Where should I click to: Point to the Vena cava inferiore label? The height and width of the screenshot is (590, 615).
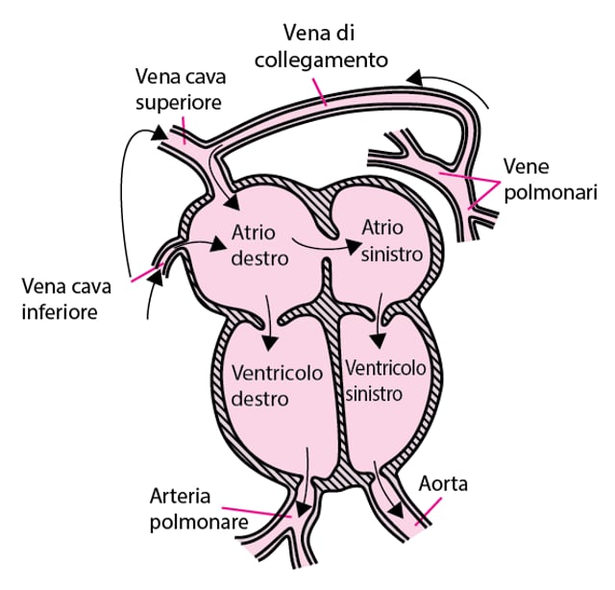pyautogui.click(x=61, y=298)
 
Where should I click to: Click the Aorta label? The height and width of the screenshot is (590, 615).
pyautogui.click(x=443, y=483)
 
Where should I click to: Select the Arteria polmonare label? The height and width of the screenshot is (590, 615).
pyautogui.click(x=200, y=509)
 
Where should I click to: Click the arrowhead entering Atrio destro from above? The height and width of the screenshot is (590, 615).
pyautogui.click(x=232, y=202)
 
